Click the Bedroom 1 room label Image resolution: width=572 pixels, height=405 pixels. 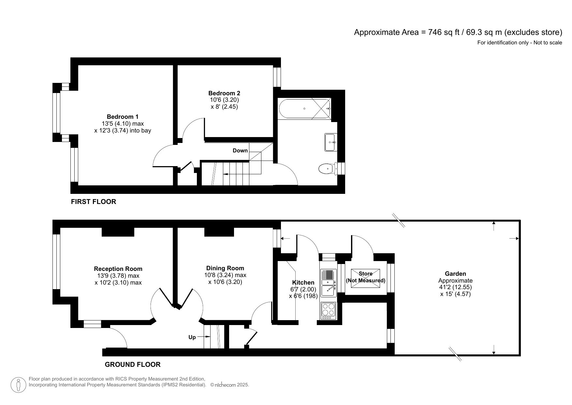point(123,117)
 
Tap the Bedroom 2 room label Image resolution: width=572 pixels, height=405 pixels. point(224,93)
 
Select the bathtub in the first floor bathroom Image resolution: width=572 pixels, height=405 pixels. point(304,109)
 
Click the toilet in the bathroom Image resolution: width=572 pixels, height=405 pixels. point(327,169)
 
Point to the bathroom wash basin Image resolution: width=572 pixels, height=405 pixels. point(330,142)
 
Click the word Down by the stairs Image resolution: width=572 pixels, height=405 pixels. point(240,150)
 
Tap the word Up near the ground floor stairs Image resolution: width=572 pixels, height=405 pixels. point(192,337)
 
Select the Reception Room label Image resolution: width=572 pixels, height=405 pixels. point(118,269)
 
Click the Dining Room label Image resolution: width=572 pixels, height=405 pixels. point(225,268)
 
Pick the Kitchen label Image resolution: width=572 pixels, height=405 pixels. point(303,282)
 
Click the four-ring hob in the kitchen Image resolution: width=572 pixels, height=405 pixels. point(329,310)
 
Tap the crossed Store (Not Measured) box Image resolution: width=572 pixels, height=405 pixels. point(365,278)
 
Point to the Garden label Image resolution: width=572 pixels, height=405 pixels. point(455,273)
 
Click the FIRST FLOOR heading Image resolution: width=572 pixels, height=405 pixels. point(94,201)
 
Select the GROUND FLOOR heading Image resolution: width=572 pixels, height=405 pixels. point(132,364)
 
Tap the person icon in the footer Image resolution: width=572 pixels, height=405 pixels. point(18,385)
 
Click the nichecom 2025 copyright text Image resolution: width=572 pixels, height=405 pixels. point(230,385)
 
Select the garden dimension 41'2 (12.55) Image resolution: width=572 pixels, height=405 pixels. point(455,287)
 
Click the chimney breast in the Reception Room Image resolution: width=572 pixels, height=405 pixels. point(118,232)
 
